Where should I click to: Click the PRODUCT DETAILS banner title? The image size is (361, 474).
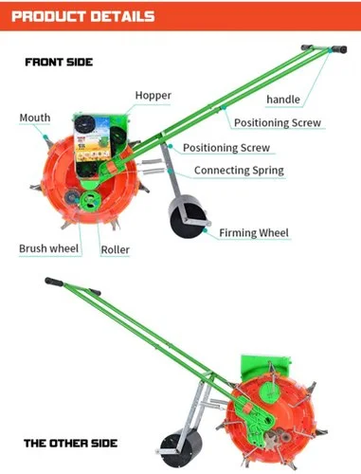pyautogui.click(x=83, y=16)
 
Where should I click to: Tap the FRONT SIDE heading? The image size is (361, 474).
pyautogui.click(x=59, y=62)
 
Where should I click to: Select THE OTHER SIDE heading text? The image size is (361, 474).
pyautogui.click(x=70, y=443)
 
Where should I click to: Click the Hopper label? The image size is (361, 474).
pyautogui.click(x=153, y=96)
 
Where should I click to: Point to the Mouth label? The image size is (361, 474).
pyautogui.click(x=35, y=118)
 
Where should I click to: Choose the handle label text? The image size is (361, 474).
pyautogui.click(x=283, y=100)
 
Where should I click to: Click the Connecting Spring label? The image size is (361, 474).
pyautogui.click(x=239, y=171)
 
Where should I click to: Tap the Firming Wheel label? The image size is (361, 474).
pyautogui.click(x=254, y=233)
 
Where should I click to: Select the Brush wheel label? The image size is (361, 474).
pyautogui.click(x=48, y=248)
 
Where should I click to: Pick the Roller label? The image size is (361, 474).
pyautogui.click(x=115, y=249)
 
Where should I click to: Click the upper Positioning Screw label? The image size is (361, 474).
pyautogui.click(x=278, y=122)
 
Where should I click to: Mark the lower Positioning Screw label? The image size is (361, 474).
pyautogui.click(x=226, y=148)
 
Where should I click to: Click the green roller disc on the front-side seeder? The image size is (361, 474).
pyautogui.click(x=90, y=201)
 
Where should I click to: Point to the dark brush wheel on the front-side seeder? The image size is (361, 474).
pyautogui.click(x=71, y=197)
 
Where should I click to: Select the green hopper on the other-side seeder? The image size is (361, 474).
pyautogui.click(x=264, y=367)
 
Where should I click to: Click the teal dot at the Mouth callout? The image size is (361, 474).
pyautogui.click(x=45, y=137)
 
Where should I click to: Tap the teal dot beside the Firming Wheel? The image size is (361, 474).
pyautogui.click(x=206, y=230)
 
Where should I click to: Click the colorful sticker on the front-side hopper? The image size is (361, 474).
pyautogui.click(x=92, y=138)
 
